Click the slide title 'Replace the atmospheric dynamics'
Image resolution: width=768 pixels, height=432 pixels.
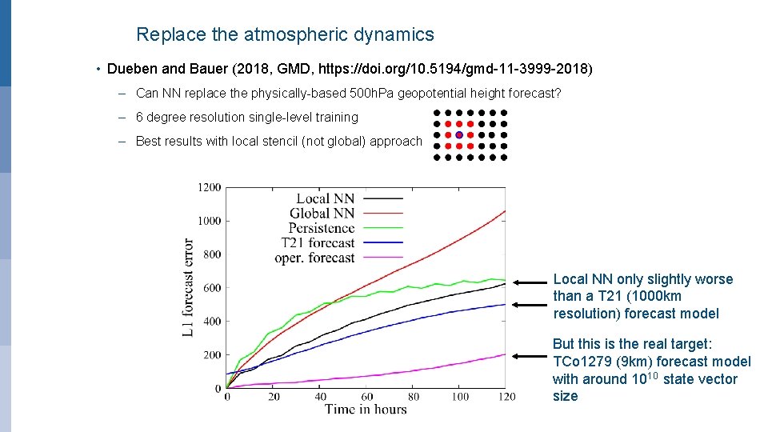click(285, 34)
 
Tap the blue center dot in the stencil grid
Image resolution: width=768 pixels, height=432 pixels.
click(458, 135)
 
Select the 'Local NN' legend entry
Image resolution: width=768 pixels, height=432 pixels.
click(325, 198)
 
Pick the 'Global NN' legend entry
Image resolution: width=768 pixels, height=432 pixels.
click(322, 214)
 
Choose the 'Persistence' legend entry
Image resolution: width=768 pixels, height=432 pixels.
click(321, 228)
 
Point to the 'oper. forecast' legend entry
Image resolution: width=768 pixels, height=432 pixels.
click(314, 258)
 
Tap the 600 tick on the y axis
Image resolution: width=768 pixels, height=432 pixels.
click(212, 288)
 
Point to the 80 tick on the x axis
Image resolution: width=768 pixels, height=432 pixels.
click(413, 397)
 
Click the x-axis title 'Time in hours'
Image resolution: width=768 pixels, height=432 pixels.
click(366, 410)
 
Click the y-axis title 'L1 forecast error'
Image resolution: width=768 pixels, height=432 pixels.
click(189, 287)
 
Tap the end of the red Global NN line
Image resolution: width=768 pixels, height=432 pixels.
click(504, 211)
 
